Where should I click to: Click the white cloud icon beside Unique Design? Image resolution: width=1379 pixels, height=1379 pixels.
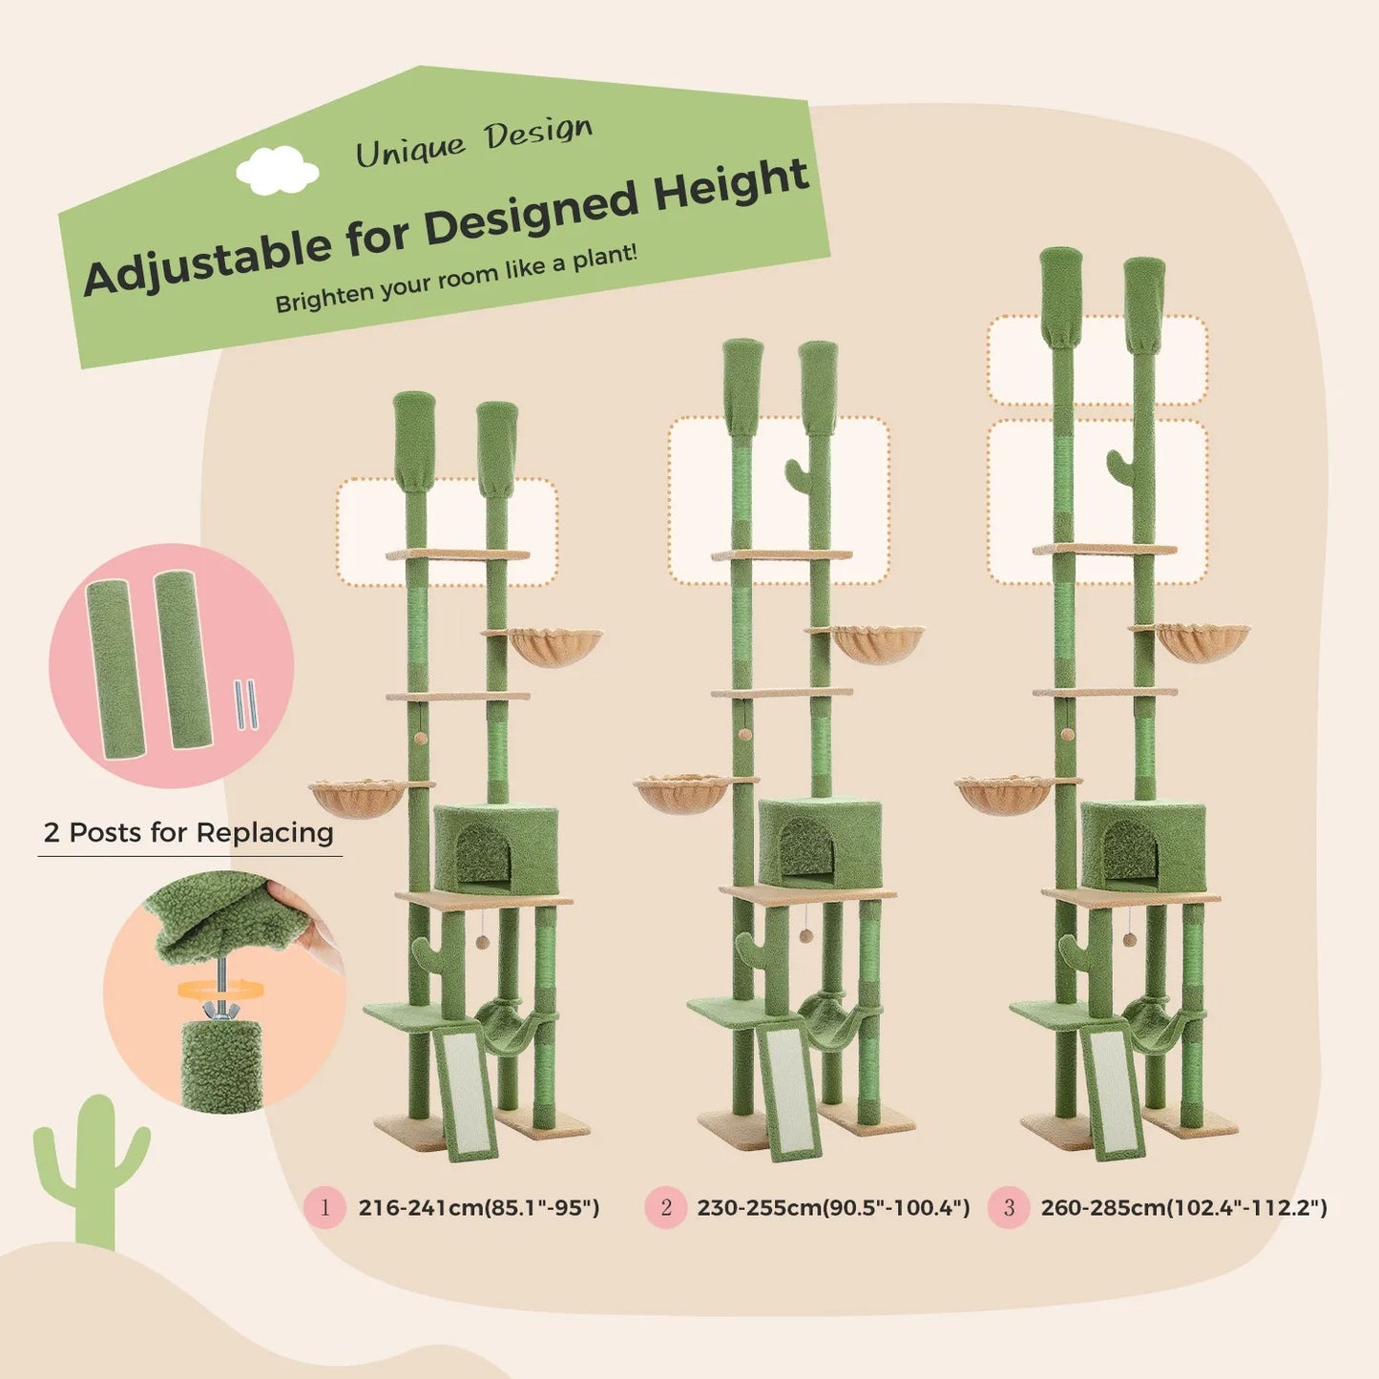[x=277, y=171]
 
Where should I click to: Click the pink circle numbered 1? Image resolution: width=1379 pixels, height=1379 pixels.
[x=324, y=1207]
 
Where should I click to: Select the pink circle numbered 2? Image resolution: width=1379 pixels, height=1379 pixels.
[x=665, y=1207]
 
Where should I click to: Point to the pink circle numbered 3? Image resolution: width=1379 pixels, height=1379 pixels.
[x=1009, y=1207]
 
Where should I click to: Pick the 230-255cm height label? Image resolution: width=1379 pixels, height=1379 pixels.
[x=833, y=1207]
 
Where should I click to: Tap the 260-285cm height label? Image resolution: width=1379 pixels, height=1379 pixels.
[x=1183, y=1207]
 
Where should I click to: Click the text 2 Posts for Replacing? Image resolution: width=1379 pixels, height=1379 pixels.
[x=189, y=832]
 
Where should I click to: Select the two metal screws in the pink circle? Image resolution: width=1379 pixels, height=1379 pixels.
[x=247, y=705]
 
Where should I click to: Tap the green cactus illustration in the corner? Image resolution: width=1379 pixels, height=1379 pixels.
[x=93, y=1169]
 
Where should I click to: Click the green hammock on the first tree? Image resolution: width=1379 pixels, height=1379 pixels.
[x=505, y=1016]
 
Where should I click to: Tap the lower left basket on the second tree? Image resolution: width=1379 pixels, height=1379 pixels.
[x=680, y=792]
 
